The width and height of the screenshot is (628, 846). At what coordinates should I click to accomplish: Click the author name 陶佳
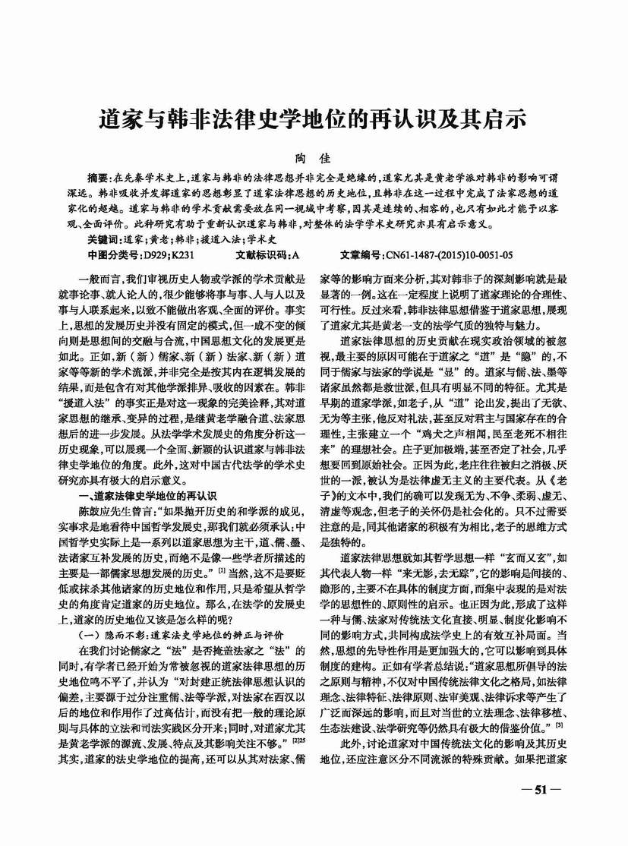pyautogui.click(x=314, y=157)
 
